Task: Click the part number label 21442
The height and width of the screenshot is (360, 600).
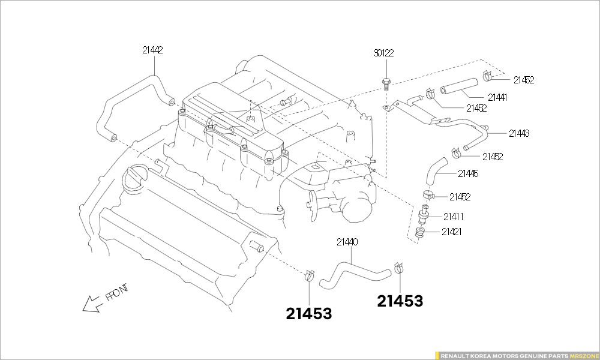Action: coord(152,50)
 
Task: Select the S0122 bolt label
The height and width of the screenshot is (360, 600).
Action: coord(383,53)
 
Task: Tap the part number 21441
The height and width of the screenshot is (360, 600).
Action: coord(497,97)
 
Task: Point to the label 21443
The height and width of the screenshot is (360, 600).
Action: coord(519,133)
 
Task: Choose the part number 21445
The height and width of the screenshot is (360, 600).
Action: coord(468,174)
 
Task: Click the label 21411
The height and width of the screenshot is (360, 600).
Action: coord(454,217)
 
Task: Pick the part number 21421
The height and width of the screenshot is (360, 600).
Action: coord(452,232)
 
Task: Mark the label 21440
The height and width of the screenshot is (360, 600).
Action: coord(347,242)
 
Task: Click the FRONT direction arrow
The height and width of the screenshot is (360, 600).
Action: coord(92,304)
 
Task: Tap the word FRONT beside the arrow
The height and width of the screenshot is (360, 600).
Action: coord(117,292)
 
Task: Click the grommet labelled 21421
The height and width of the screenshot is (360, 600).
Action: coord(422,232)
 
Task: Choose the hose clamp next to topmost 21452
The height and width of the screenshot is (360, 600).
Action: coord(488,76)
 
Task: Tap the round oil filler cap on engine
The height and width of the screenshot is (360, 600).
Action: coord(135,177)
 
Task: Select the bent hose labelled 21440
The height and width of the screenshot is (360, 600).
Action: coord(354,273)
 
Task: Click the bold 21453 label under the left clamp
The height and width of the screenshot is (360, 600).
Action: coord(309,313)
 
